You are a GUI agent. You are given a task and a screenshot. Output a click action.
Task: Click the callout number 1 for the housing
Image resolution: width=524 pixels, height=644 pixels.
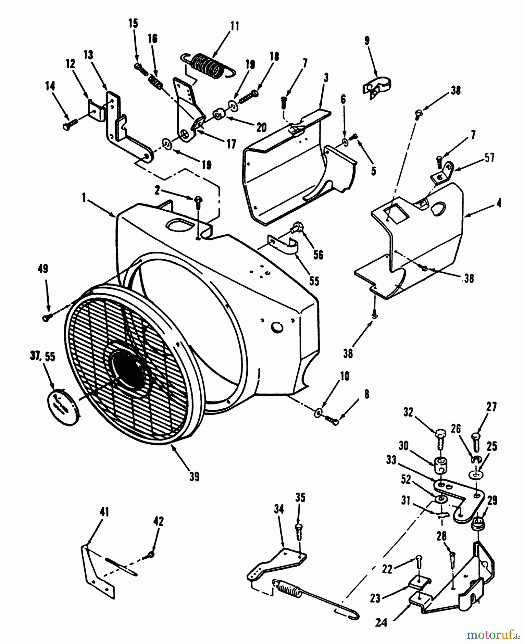click(84, 198)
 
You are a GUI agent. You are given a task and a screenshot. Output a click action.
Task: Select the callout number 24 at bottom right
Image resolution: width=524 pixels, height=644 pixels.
click(381, 623)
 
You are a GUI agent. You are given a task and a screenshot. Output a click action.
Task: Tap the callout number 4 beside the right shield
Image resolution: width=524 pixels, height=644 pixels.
click(499, 203)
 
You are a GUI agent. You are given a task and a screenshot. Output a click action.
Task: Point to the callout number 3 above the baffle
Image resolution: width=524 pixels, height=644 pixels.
click(326, 77)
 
